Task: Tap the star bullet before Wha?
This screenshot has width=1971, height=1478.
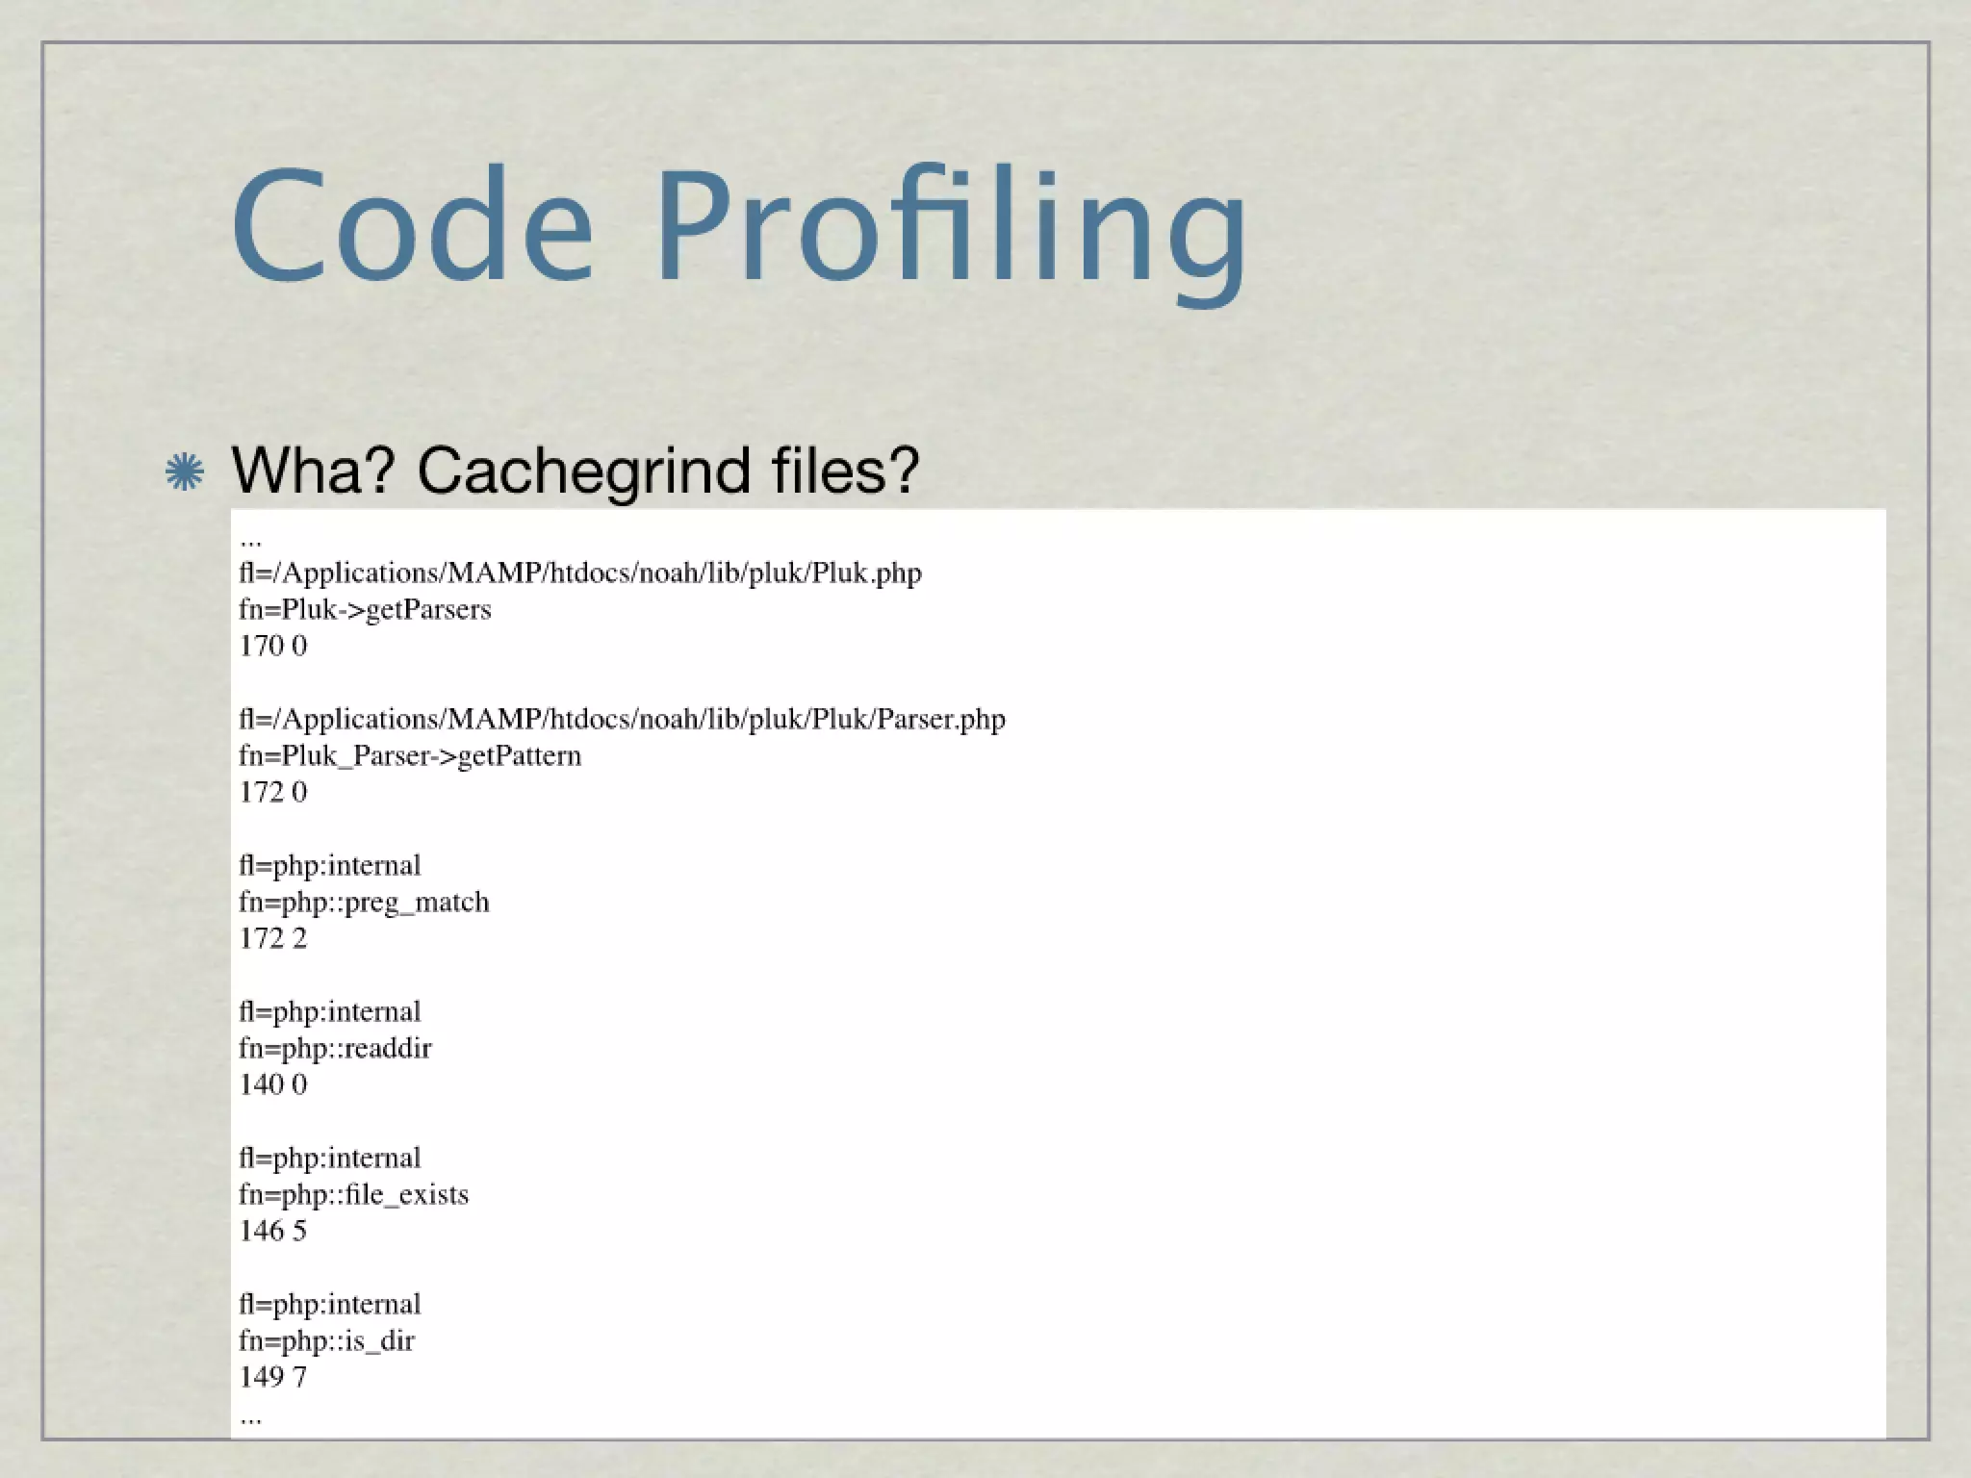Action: [x=184, y=472]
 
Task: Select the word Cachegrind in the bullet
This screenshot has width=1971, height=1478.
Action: [x=583, y=471]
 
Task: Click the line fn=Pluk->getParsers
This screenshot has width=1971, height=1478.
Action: [x=365, y=609]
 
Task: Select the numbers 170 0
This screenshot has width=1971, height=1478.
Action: [x=273, y=646]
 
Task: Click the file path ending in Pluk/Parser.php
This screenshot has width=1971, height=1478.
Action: [x=622, y=719]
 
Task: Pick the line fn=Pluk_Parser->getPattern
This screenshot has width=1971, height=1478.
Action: [x=410, y=755]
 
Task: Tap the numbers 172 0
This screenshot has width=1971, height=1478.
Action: [x=273, y=792]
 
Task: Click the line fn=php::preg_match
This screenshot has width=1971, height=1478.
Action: [x=364, y=902]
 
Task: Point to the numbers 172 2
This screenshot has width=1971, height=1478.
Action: [x=273, y=938]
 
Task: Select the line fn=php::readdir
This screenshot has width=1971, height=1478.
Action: [x=335, y=1048]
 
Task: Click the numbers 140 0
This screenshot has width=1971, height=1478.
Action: [x=273, y=1084]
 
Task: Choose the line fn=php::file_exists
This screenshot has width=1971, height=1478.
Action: [x=353, y=1194]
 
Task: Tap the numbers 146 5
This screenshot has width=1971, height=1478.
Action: [x=273, y=1231]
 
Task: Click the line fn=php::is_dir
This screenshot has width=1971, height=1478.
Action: [x=326, y=1340]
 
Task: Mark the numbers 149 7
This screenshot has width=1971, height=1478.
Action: [x=273, y=1377]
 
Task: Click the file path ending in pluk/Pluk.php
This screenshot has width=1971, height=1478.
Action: [x=580, y=573]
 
